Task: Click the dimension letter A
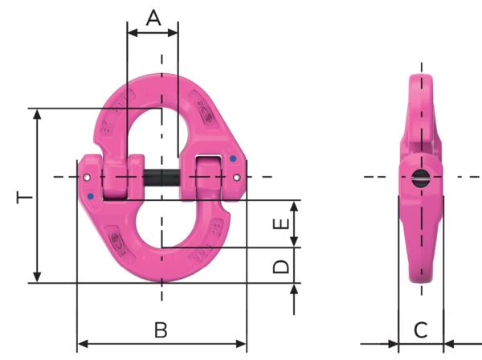click(x=152, y=17)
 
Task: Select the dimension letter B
click(x=161, y=329)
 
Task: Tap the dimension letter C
click(x=420, y=329)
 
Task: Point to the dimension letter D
click(x=281, y=265)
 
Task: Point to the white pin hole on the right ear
click(x=238, y=177)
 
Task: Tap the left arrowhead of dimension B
click(x=81, y=344)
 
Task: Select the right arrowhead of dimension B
click(x=242, y=344)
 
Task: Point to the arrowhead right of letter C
click(x=450, y=344)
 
